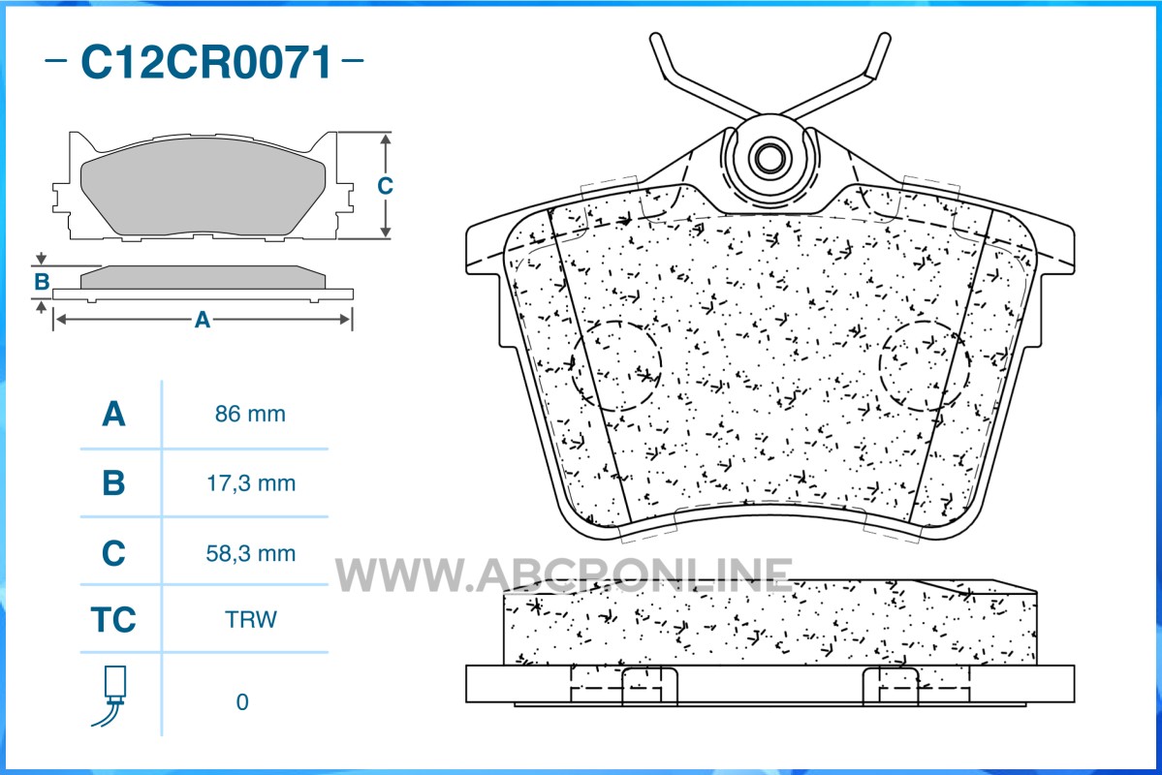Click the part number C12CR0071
click(206, 61)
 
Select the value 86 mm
click(250, 414)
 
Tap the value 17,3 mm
click(250, 483)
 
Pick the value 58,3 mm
click(250, 553)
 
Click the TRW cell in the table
click(250, 619)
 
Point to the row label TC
click(113, 619)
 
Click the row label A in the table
click(113, 414)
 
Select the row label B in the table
click(113, 483)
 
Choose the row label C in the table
click(113, 553)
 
